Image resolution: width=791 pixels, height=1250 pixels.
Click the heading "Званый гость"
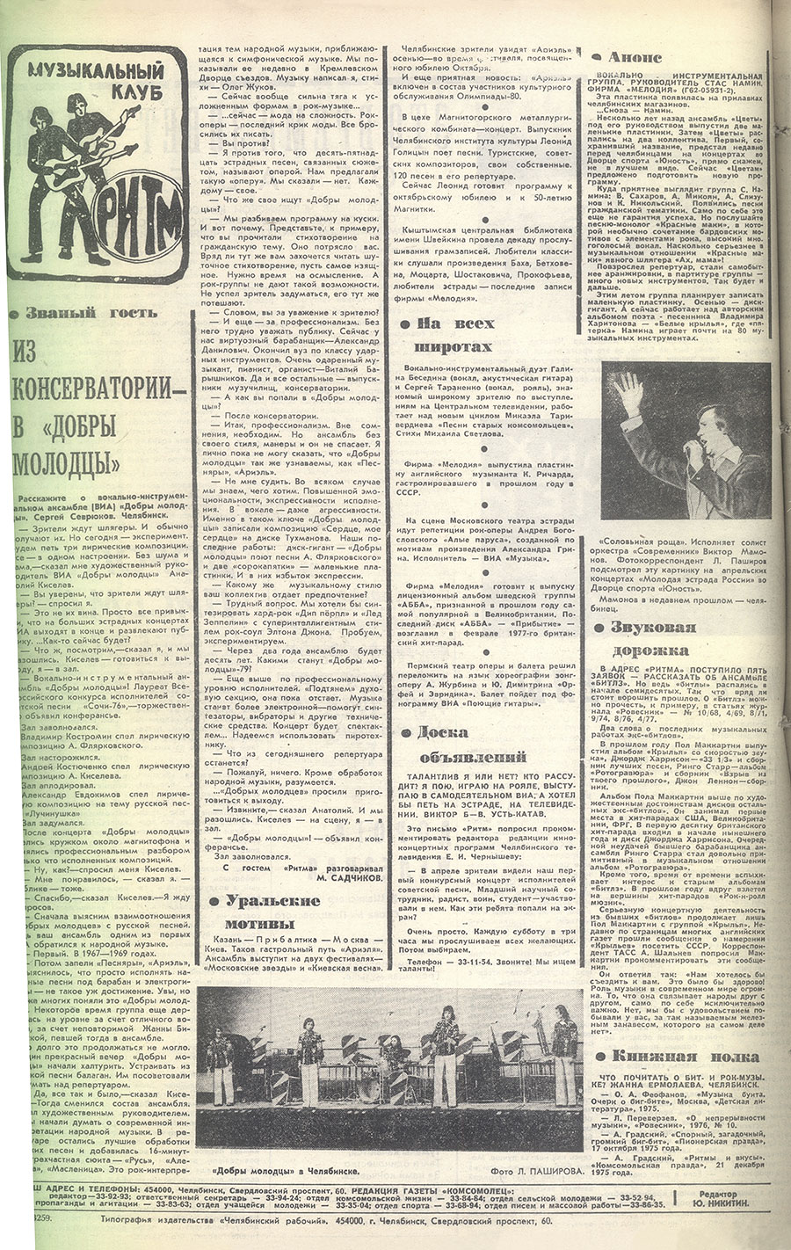(x=88, y=313)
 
